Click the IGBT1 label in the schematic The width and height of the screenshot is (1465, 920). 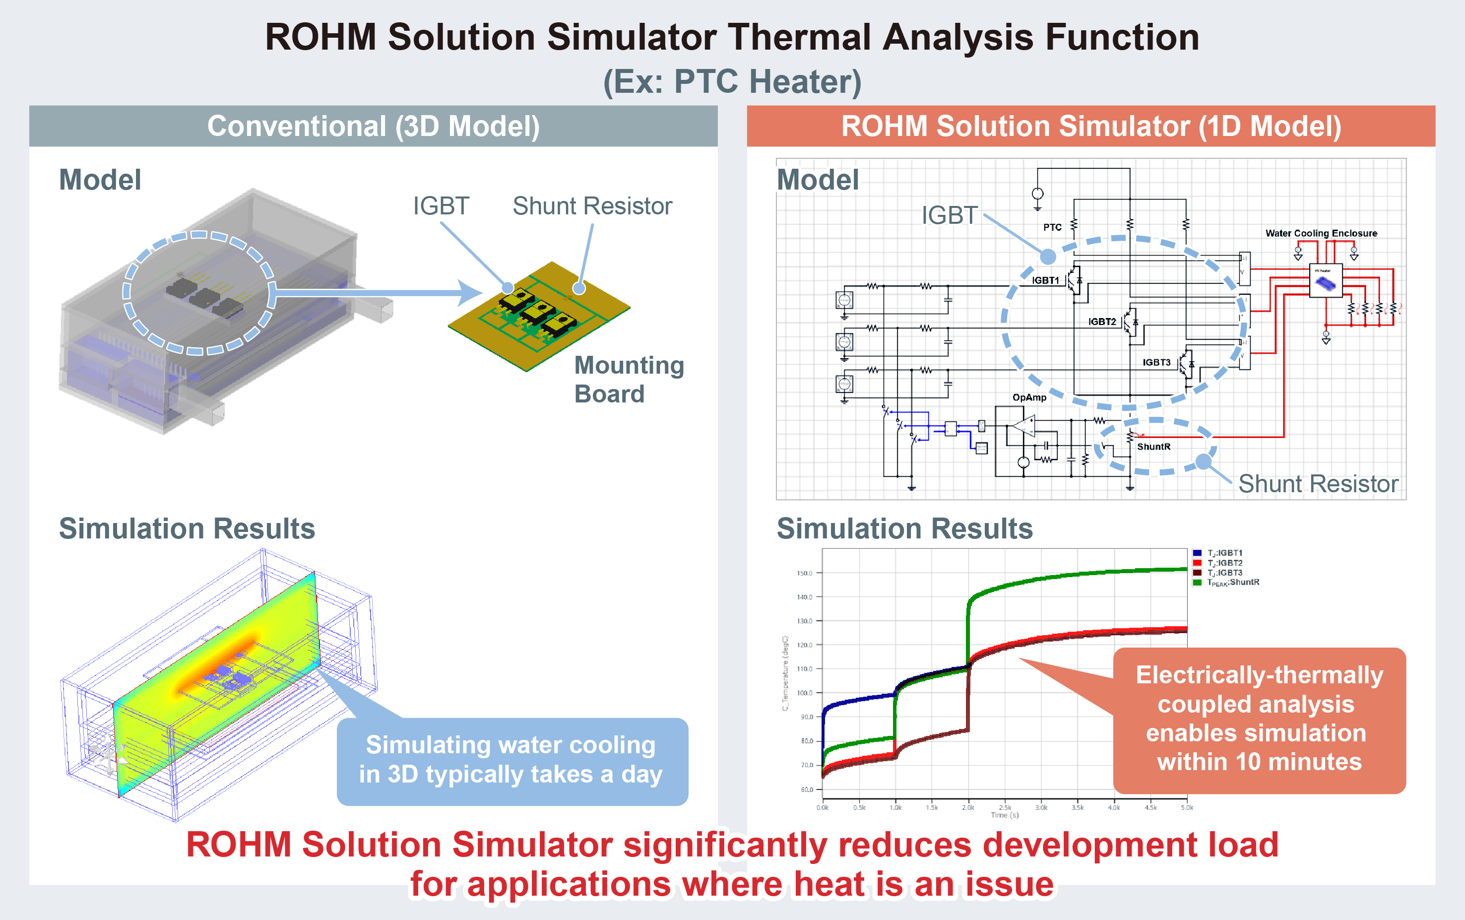point(1045,280)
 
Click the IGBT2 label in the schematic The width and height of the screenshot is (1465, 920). point(1102,322)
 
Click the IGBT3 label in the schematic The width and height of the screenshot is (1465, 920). point(1156,363)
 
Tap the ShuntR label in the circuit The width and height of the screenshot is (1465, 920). point(1153,447)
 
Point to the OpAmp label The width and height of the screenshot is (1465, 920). point(1029,397)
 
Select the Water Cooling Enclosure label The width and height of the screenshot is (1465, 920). point(1321,233)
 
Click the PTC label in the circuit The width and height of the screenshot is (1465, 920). point(1052,228)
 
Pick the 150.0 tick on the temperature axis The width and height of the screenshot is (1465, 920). point(804,573)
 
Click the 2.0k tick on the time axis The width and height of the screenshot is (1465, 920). point(968,808)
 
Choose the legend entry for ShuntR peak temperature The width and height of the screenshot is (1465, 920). point(1233,582)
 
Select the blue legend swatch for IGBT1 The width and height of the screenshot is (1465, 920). point(1197,553)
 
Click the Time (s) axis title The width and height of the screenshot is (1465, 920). point(1005,815)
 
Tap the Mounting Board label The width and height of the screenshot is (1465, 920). point(629,379)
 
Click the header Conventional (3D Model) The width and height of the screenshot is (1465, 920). point(374,127)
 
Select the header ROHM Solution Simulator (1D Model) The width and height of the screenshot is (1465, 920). point(1091,127)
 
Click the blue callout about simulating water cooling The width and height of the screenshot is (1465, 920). point(512,761)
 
